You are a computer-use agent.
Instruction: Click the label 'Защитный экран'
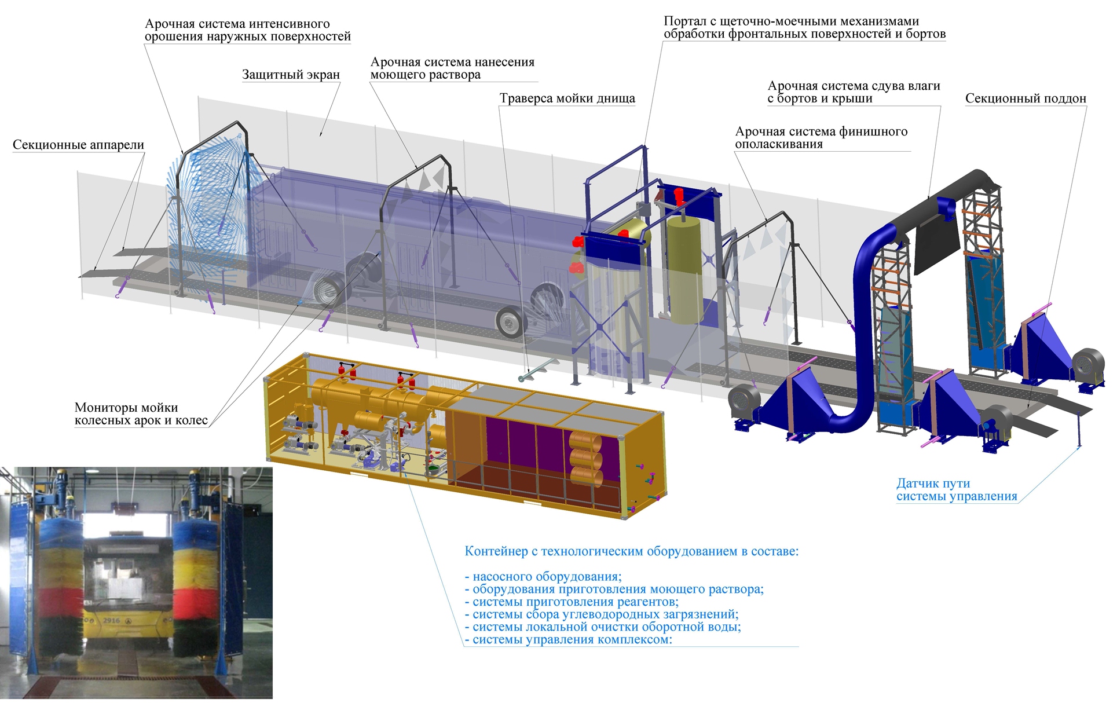coord(291,75)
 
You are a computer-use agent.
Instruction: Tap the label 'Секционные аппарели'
coord(78,145)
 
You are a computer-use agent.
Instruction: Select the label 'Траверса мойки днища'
coord(567,98)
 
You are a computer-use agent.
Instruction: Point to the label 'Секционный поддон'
coord(1026,98)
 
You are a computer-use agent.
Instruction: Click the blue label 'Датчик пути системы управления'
coord(957,490)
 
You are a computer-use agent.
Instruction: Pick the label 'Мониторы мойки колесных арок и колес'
coord(141,414)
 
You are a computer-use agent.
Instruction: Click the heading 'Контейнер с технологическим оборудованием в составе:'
coord(632,551)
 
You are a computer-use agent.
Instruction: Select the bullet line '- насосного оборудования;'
coord(543,577)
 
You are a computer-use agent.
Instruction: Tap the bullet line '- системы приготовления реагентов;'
coord(572,602)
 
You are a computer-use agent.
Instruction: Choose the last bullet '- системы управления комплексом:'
coord(569,640)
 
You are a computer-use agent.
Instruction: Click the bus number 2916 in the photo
coord(112,620)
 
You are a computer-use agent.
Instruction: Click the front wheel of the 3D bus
coord(511,322)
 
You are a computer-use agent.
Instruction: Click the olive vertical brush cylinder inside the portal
coord(686,269)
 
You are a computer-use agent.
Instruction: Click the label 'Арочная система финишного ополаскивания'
coord(821,138)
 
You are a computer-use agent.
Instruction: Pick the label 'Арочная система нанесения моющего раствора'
coord(452,68)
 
